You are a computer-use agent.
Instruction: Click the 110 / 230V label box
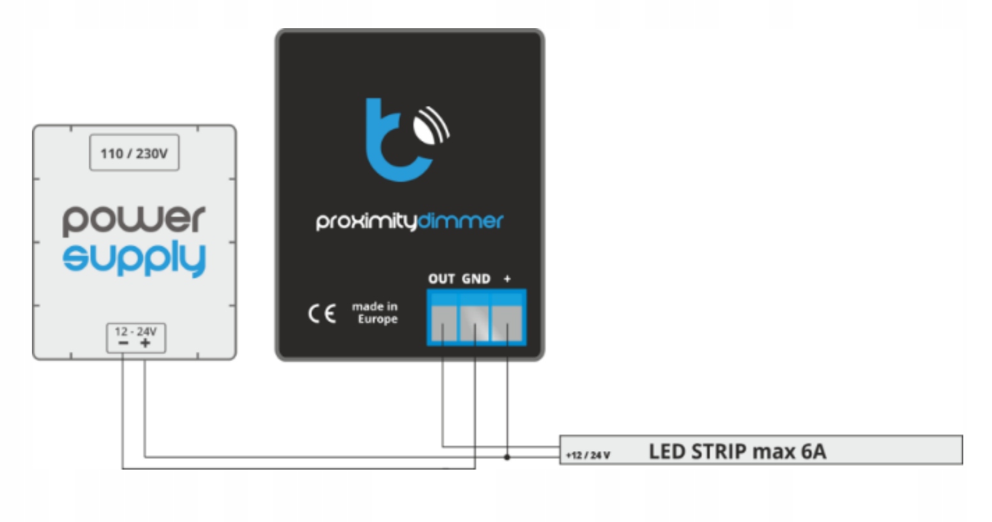[x=134, y=153]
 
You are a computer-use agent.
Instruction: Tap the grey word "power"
[x=134, y=220]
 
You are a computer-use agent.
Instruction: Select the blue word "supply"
[x=134, y=259]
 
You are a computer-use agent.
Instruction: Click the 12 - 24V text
[x=135, y=331]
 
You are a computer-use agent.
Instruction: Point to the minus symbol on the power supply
[x=123, y=343]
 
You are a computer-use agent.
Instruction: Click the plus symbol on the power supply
[x=146, y=343]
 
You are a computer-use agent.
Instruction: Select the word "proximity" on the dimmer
[x=366, y=221]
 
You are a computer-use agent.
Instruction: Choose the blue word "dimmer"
[x=461, y=221]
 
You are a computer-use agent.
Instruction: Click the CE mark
[x=322, y=314]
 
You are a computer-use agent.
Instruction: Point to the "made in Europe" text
[x=376, y=312]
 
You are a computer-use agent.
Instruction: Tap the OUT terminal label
[x=441, y=279]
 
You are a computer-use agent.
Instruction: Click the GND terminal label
[x=476, y=279]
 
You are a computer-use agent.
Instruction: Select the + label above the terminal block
[x=507, y=279]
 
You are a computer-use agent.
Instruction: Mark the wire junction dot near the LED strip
[x=507, y=457]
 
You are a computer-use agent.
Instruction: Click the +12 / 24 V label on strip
[x=588, y=455]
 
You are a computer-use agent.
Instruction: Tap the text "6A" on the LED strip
[x=813, y=452]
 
